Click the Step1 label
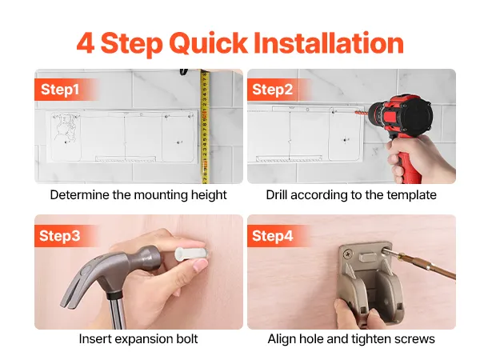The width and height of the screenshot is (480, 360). [60, 90]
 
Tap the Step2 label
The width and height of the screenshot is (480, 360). [273, 90]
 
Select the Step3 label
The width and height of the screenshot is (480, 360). [60, 236]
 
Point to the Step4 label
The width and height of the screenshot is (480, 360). [273, 236]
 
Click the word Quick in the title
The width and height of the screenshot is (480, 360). [208, 43]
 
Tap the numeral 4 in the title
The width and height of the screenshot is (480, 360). [86, 43]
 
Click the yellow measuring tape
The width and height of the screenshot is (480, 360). [205, 126]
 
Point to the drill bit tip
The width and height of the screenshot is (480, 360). [355, 113]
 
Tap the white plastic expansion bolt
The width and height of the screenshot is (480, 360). [192, 253]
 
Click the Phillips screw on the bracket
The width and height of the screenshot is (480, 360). [347, 254]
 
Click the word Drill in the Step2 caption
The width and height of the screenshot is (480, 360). [277, 195]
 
